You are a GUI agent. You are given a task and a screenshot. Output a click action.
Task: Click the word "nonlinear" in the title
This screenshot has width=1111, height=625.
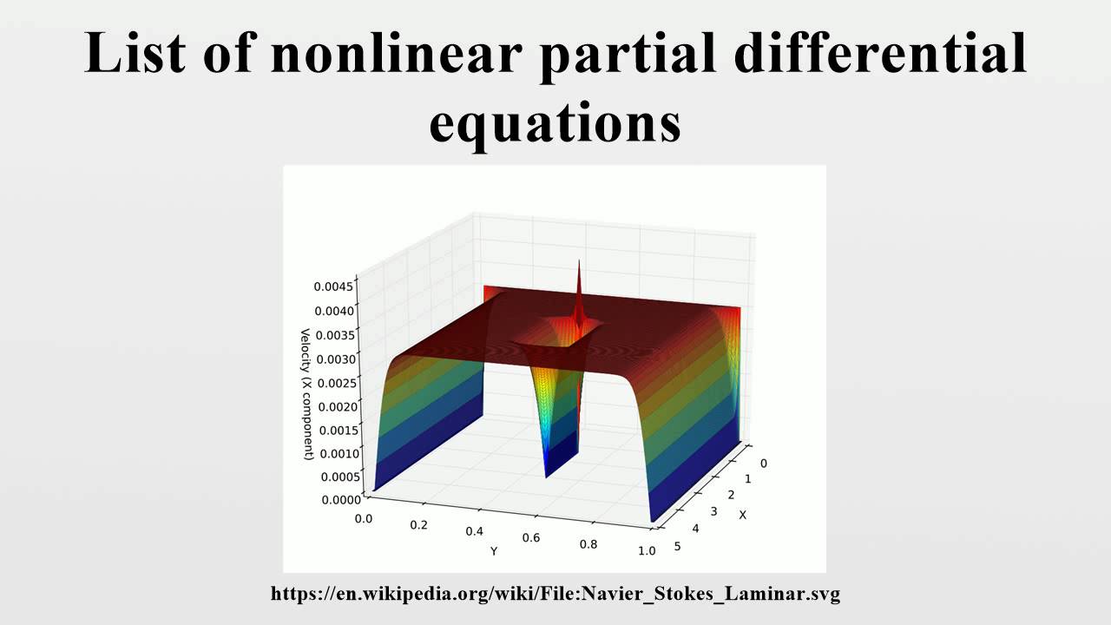(396, 54)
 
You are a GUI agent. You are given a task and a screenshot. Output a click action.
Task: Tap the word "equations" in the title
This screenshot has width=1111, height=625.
(555, 123)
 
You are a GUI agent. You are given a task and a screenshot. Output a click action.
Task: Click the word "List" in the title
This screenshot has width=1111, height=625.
(135, 54)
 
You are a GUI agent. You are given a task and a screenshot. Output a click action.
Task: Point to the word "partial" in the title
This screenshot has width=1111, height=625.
(628, 54)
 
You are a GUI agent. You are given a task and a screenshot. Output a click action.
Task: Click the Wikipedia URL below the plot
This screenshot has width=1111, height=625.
(555, 595)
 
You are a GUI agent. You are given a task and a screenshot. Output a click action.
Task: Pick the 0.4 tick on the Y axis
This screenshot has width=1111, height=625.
(474, 530)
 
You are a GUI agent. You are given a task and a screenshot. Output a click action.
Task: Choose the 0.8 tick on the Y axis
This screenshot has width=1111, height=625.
(588, 544)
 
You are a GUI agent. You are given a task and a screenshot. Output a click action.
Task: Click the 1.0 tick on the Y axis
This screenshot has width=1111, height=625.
(646, 551)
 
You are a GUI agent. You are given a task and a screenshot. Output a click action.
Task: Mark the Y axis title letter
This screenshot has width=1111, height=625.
(494, 551)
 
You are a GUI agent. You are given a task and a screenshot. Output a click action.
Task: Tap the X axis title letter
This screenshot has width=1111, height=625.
(742, 515)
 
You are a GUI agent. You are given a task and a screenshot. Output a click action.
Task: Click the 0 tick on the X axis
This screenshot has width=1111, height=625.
(763, 463)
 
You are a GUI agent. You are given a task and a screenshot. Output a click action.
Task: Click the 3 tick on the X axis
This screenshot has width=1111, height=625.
(714, 512)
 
